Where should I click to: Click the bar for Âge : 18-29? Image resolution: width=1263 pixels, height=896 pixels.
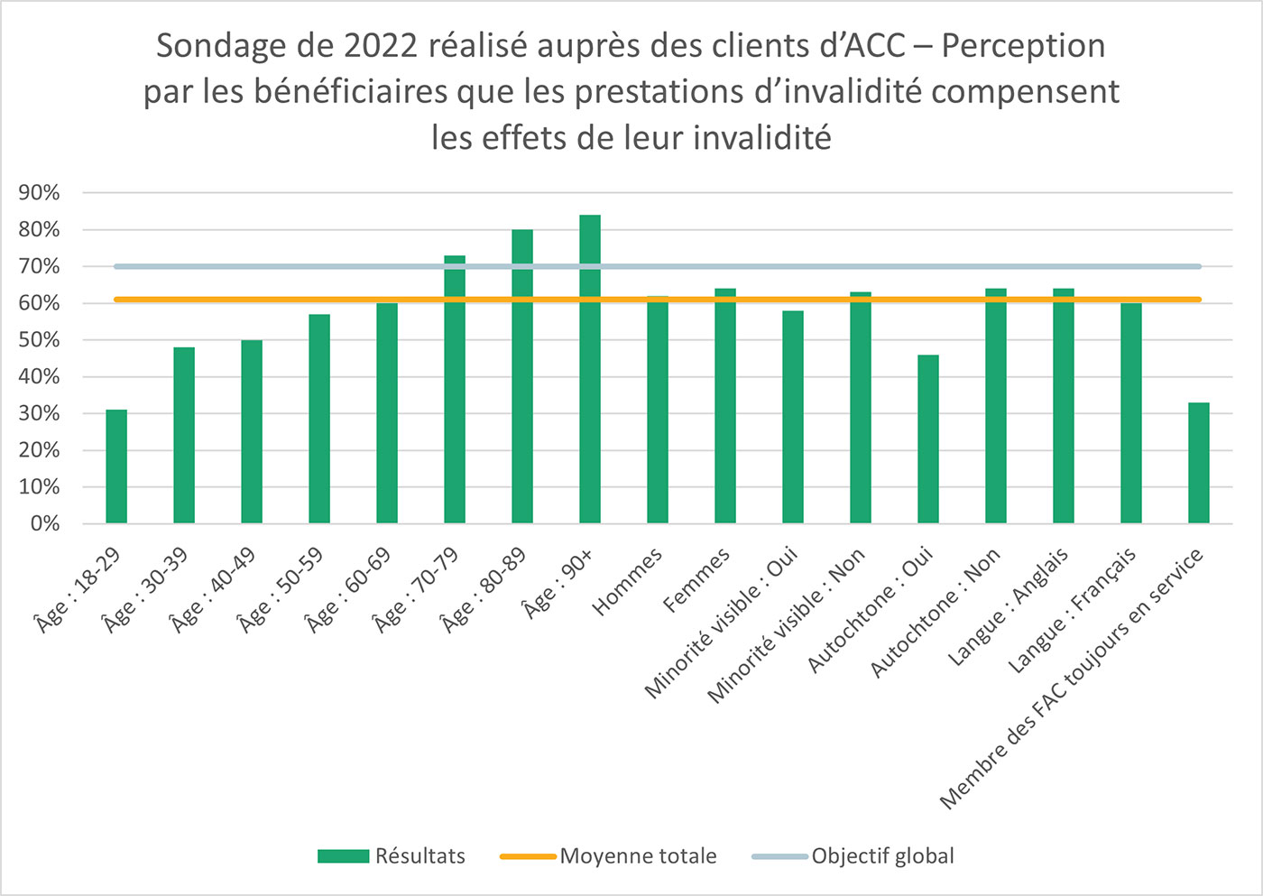click(116, 466)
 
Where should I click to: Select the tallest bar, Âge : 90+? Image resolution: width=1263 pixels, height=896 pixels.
click(590, 370)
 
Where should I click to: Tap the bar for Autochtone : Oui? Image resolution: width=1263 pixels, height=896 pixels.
click(928, 439)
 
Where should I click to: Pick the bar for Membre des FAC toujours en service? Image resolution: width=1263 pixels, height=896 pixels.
click(1199, 463)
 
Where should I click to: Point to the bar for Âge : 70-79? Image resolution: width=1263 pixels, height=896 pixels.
click(455, 390)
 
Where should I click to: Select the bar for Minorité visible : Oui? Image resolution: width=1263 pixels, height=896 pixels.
click(793, 417)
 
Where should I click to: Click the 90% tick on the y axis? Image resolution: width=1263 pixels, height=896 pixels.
click(39, 193)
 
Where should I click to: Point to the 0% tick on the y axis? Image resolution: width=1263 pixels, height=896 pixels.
click(44, 524)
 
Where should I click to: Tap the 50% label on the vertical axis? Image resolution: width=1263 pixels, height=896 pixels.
click(39, 340)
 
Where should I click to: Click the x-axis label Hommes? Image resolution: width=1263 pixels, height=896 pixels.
click(628, 582)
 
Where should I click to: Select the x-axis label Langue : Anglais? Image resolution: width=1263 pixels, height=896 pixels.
click(1009, 607)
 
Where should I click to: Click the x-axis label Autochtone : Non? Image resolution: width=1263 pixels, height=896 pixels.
click(936, 613)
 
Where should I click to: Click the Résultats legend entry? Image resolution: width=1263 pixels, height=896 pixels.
click(392, 856)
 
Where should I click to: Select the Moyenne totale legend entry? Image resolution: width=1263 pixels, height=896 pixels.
click(609, 856)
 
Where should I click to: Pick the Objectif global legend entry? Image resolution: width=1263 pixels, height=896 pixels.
click(853, 856)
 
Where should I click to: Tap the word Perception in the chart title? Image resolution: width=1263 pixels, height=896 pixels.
click(1023, 46)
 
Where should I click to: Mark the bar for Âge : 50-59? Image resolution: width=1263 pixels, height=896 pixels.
click(319, 419)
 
